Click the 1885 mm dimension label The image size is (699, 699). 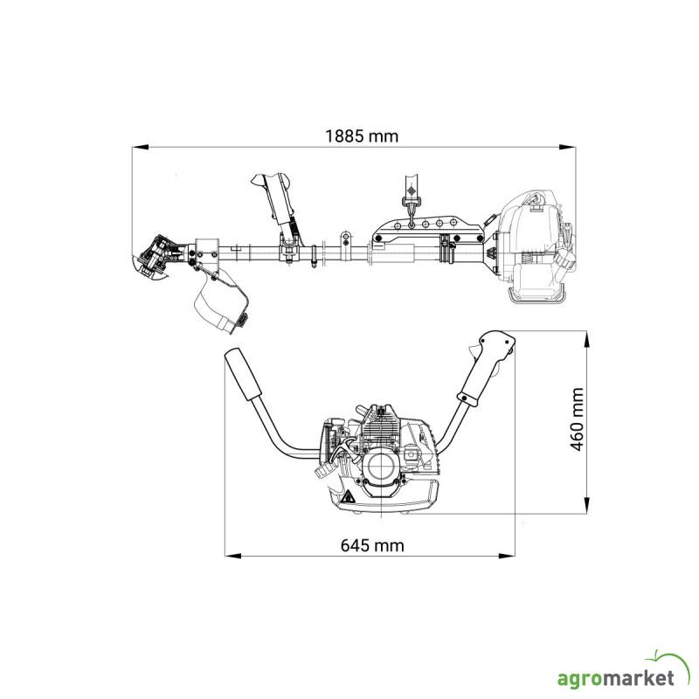pyautogui.click(x=362, y=136)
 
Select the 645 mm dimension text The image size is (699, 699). pyautogui.click(x=372, y=545)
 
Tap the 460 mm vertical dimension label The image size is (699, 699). pyautogui.click(x=577, y=419)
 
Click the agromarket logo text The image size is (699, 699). pyautogui.click(x=616, y=679)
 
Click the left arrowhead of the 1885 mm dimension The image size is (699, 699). pyautogui.click(x=140, y=147)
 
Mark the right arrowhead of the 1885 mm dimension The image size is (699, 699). pyautogui.click(x=567, y=147)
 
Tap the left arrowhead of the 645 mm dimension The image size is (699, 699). pyautogui.click(x=232, y=556)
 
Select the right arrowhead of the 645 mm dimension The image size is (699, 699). pyautogui.click(x=507, y=556)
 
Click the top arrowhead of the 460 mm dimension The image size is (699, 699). pyautogui.click(x=586, y=339)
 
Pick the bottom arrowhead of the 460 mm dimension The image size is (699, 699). pyautogui.click(x=586, y=506)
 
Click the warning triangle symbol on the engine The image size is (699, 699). pyautogui.click(x=349, y=497)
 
